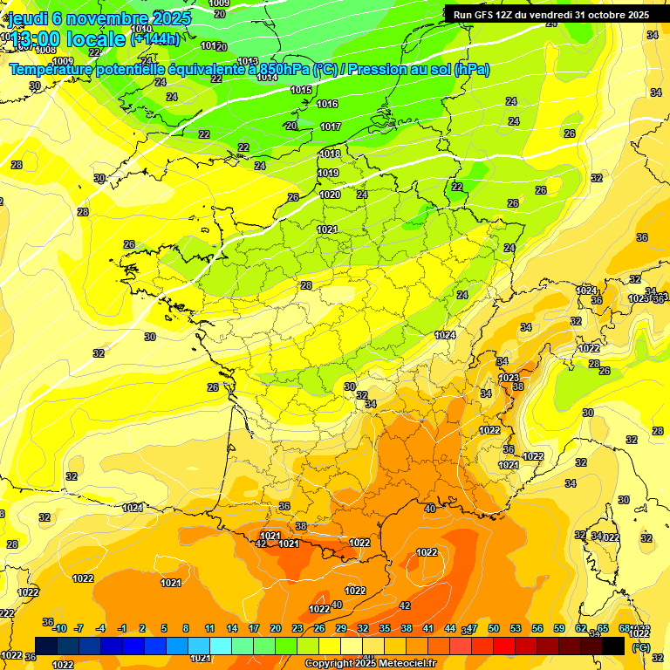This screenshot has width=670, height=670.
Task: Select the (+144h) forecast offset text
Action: click(x=155, y=38)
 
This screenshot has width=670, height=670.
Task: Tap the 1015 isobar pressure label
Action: click(x=302, y=90)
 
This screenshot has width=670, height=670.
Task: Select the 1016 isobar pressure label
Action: click(x=328, y=104)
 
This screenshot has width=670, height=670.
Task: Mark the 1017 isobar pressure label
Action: click(x=331, y=126)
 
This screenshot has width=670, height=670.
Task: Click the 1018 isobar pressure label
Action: click(x=330, y=154)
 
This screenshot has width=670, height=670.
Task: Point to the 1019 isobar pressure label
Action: click(x=328, y=173)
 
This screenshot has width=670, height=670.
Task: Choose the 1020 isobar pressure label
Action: click(x=331, y=195)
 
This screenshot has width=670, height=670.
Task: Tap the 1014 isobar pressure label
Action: click(x=268, y=77)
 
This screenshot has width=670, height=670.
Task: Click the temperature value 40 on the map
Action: click(x=429, y=509)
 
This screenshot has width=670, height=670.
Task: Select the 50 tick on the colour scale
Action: click(x=494, y=628)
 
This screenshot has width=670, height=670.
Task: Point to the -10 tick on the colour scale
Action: click(x=59, y=628)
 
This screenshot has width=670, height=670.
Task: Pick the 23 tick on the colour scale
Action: click(x=297, y=628)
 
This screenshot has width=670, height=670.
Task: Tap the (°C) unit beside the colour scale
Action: click(x=641, y=646)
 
